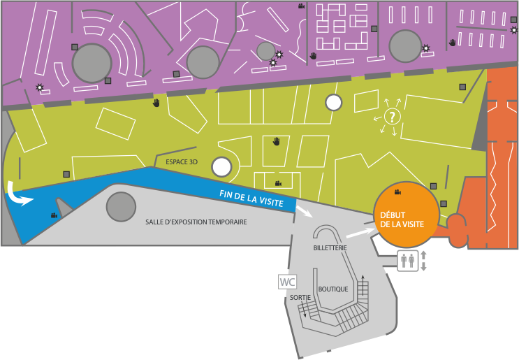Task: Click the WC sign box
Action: click(x=287, y=282)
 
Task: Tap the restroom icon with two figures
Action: click(x=408, y=261)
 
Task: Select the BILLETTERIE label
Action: click(x=330, y=247)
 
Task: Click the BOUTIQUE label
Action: click(x=333, y=289)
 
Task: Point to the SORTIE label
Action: click(x=300, y=297)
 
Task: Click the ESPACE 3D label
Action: click(x=182, y=162)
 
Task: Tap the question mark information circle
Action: click(x=393, y=117)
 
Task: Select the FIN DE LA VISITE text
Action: click(x=251, y=198)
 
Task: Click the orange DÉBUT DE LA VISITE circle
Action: click(x=407, y=215)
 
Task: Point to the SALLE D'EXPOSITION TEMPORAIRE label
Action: click(x=196, y=222)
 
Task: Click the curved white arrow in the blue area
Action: click(x=18, y=194)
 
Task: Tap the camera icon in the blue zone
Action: click(x=54, y=215)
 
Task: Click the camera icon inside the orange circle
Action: click(x=397, y=192)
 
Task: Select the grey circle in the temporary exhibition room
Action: click(x=121, y=206)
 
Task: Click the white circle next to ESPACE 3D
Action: click(x=221, y=167)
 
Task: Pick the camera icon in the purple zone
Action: click(x=301, y=6)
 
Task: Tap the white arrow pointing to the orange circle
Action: click(x=360, y=233)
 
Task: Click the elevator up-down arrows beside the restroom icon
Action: click(x=423, y=261)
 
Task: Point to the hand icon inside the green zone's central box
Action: click(x=277, y=142)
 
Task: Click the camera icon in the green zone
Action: click(x=278, y=183)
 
